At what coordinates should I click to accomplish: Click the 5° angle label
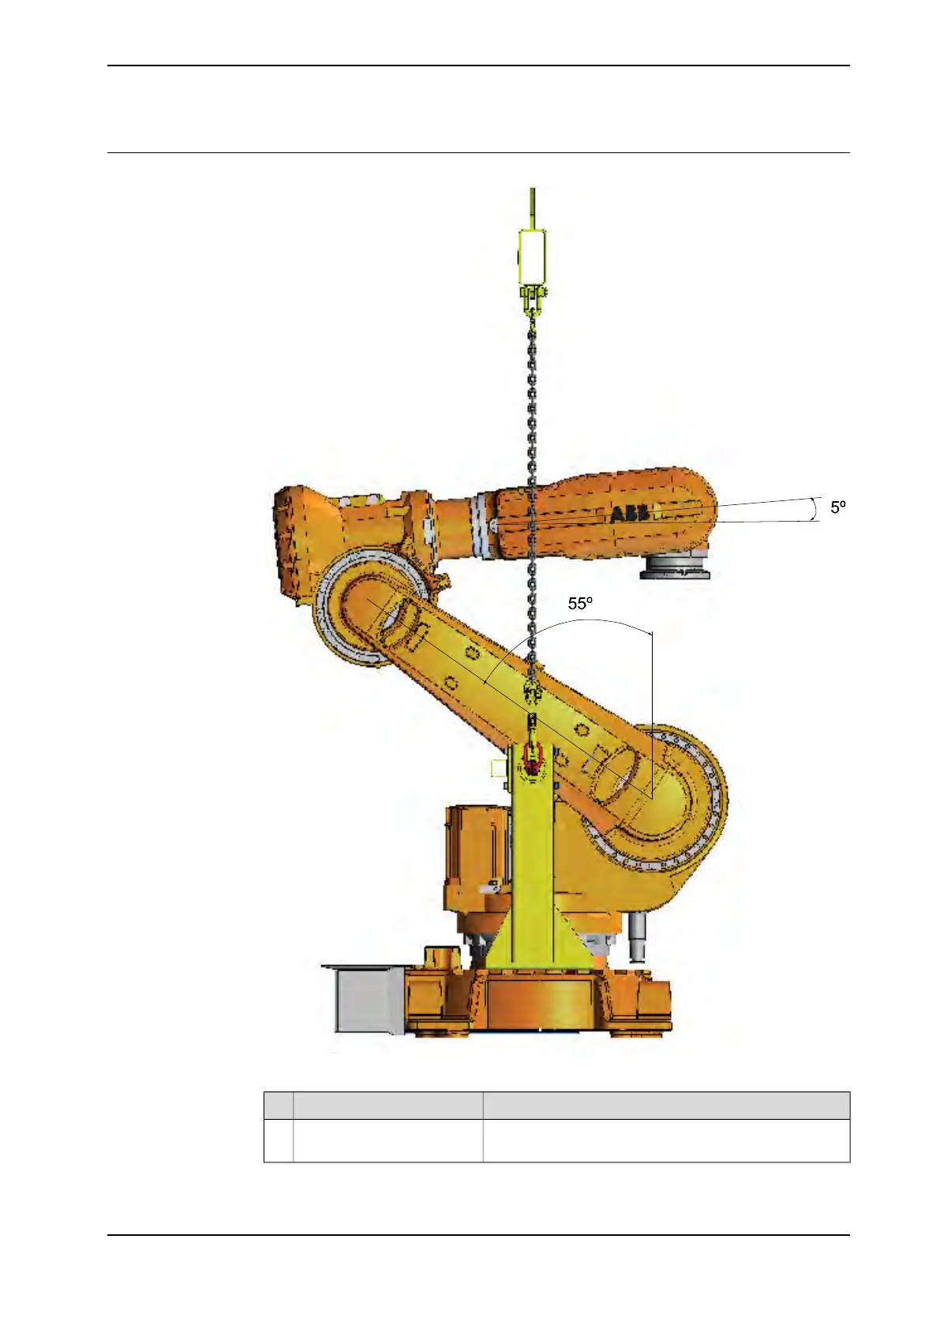pos(837,507)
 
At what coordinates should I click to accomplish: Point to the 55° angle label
pos(580,604)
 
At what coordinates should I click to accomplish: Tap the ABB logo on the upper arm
pos(629,514)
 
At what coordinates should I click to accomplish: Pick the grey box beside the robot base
pos(364,1000)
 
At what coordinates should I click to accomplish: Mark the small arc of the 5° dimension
pos(815,509)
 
